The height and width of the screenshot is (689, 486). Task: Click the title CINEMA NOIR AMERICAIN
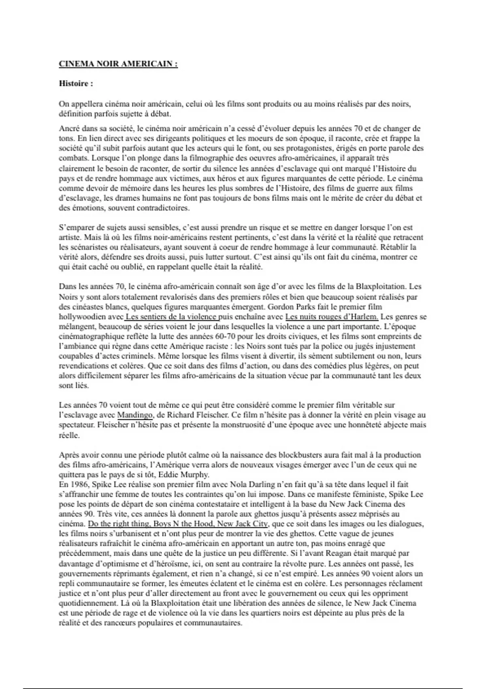click(118, 64)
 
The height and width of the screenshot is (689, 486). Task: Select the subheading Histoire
click(76, 84)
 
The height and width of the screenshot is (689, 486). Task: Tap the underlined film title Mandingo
click(135, 415)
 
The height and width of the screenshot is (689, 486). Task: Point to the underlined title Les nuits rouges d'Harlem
click(332, 317)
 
